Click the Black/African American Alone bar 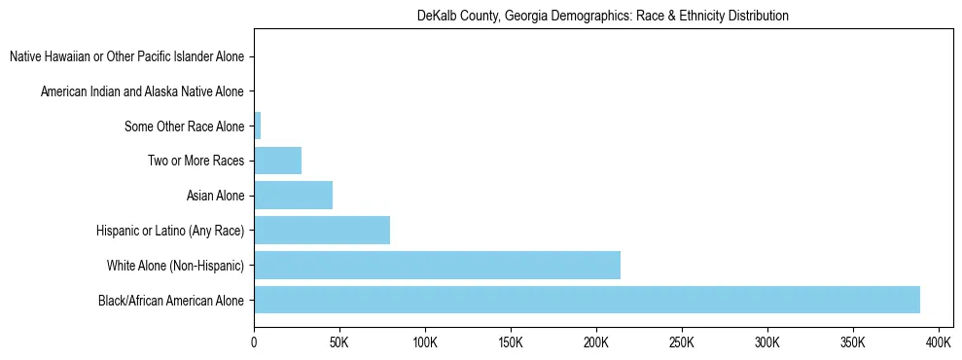point(587,300)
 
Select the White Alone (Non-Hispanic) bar point(437,265)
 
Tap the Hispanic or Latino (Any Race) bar point(322,231)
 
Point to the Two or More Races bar point(277,161)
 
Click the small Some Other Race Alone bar point(258,126)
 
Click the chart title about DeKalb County point(602,16)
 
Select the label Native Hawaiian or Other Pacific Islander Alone point(126,57)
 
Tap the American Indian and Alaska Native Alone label point(142,92)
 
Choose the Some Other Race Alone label point(184,126)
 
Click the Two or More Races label point(196,162)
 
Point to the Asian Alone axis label point(215,197)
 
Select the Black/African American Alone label point(171,301)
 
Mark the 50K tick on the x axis point(339,342)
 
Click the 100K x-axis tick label point(425,342)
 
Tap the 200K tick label point(596,342)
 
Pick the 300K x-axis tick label point(767,342)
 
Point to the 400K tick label point(939,342)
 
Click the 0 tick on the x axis point(254,342)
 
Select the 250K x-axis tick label point(682,342)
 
